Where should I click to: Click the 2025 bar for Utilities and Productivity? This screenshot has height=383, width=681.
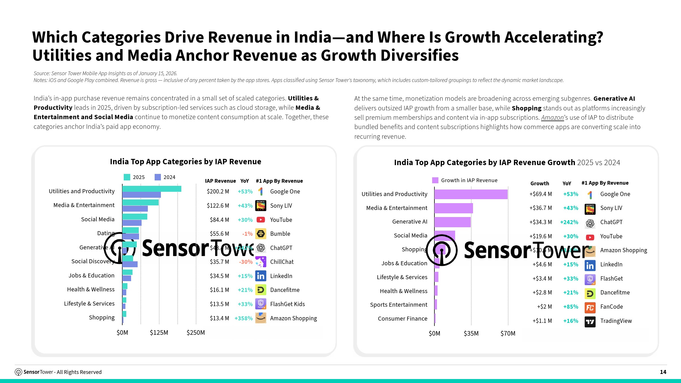click(152, 189)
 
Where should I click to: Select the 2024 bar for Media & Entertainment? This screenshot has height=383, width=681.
click(135, 209)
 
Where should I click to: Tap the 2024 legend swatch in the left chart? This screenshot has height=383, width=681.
click(158, 177)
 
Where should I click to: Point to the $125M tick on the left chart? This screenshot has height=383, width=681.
click(159, 333)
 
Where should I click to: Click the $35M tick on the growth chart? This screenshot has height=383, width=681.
click(471, 333)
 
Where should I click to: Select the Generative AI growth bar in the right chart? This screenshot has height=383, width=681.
click(452, 222)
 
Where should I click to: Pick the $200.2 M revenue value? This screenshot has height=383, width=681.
click(218, 191)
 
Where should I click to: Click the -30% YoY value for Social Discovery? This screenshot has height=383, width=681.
click(245, 262)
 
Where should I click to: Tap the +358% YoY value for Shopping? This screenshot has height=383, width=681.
click(243, 318)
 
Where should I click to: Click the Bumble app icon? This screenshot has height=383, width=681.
click(261, 234)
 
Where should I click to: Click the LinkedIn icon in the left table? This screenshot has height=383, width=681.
click(261, 276)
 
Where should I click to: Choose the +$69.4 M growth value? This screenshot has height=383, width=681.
click(541, 194)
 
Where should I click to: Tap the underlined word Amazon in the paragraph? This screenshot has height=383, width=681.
click(552, 117)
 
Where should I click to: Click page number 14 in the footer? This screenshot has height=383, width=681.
click(663, 372)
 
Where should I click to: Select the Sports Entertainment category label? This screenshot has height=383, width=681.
click(398, 305)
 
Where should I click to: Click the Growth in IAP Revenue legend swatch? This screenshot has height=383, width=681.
click(435, 180)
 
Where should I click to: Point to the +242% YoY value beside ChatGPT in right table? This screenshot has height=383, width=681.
click(569, 222)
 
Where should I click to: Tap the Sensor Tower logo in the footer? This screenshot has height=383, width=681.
click(18, 372)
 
